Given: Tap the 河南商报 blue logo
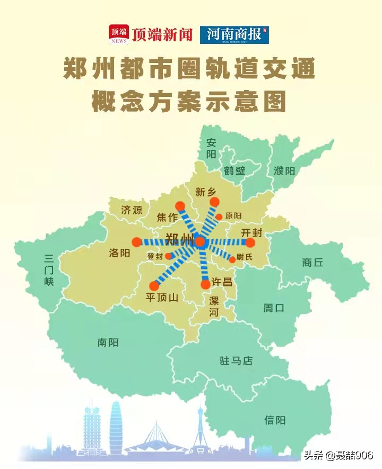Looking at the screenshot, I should pos(234,34).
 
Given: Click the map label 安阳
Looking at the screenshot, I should pos(212,148).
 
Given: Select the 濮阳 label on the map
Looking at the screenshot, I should pos(284,171).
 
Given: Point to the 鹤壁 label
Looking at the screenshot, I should pos(235,171).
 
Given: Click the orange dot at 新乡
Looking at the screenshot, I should pos(214,202).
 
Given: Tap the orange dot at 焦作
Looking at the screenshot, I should pos(180,206).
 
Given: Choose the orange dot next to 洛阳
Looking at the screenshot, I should pos(136,242).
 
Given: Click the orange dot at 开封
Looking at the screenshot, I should pos(250,242).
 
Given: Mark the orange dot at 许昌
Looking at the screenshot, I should pos(205,284).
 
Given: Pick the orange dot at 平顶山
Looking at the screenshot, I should pos(154,285).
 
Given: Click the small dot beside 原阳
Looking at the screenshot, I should pos(219,217).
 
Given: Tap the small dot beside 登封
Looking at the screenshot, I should pos(168,256).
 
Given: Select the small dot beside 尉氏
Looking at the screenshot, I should pos(232,259).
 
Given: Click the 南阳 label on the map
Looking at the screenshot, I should pos(108,342).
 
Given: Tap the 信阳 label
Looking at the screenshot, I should pos(275,420).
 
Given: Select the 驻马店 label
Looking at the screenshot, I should pos(236,361).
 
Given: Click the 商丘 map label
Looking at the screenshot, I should pos(312,262).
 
